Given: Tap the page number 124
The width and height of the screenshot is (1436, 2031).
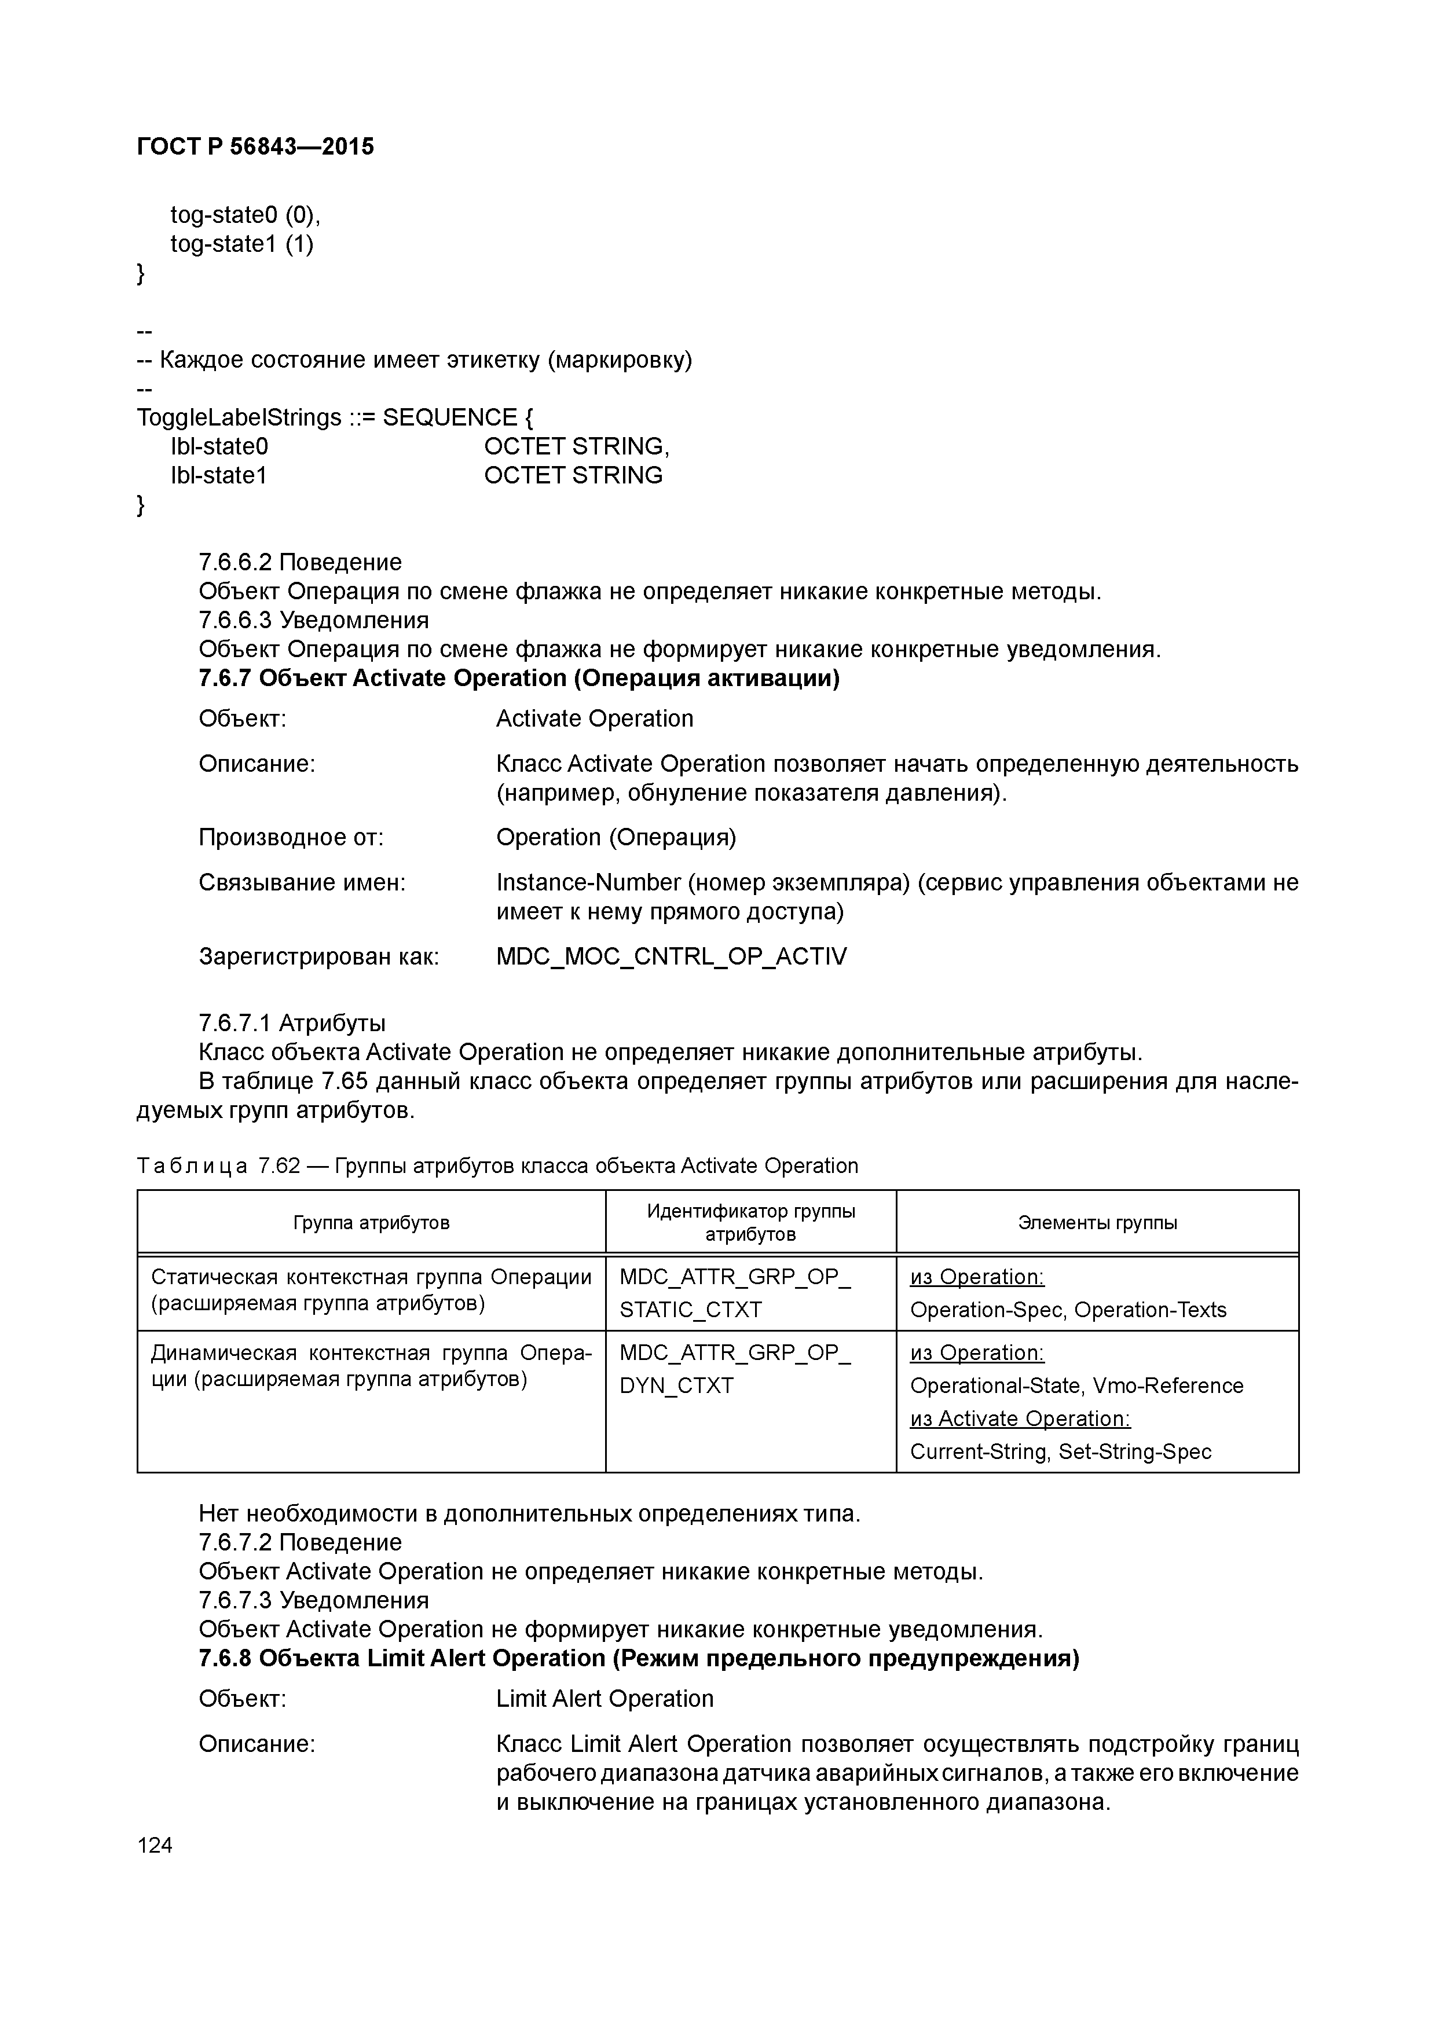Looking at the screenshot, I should (x=155, y=1845).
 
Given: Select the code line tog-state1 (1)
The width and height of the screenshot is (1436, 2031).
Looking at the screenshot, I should (x=241, y=244).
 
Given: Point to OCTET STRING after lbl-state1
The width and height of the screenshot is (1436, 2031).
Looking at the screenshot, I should (x=573, y=475).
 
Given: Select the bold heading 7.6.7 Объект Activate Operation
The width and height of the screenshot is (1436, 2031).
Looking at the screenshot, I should (x=518, y=679).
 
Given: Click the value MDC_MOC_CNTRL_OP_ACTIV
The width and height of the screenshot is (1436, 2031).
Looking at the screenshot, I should (x=671, y=956).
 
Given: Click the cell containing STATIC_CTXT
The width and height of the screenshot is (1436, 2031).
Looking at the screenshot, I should (x=690, y=1309).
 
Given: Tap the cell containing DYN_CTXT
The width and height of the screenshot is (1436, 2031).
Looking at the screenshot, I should (x=677, y=1385).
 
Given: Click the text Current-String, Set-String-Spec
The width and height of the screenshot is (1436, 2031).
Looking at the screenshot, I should (x=1060, y=1451).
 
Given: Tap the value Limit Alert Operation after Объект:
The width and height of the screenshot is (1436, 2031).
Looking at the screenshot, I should (x=605, y=1699).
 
